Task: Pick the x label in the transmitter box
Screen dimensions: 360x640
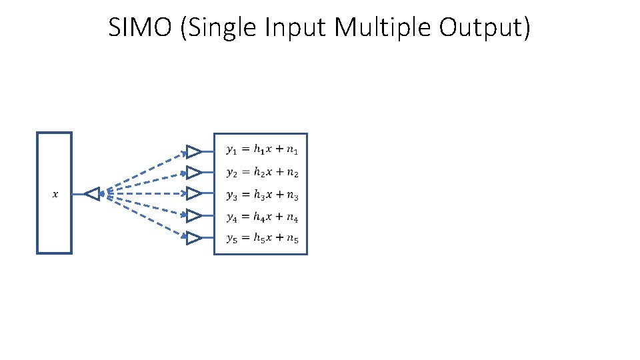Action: point(55,195)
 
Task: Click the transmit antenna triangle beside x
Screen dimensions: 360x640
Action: point(93,194)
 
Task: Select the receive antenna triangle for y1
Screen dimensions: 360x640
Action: point(193,151)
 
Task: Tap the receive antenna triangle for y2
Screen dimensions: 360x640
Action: point(193,173)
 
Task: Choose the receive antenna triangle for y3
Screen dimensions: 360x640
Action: point(193,193)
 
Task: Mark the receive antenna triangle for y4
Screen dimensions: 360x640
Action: point(193,216)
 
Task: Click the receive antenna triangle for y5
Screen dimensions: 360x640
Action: point(193,238)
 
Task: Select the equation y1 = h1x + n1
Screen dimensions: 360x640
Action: point(262,151)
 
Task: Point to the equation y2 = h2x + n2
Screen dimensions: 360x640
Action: point(262,173)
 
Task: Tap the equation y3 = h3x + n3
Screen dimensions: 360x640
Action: point(262,195)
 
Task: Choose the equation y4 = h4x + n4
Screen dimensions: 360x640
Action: point(262,217)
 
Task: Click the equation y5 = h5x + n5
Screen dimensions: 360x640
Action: point(262,239)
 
